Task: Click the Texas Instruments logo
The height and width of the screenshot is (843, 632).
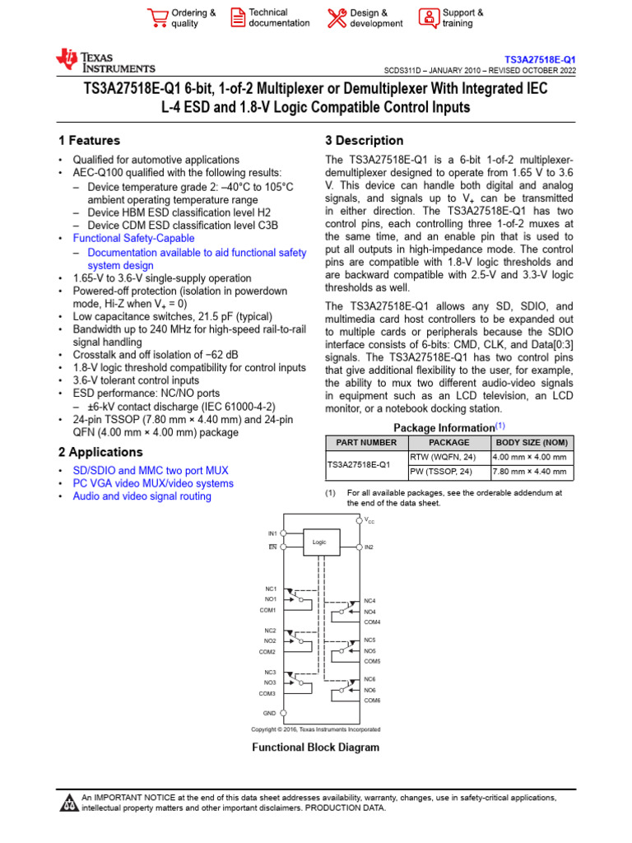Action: click(x=105, y=61)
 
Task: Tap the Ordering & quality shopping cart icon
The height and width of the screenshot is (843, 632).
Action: click(x=156, y=18)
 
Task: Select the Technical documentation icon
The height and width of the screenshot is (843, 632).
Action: click(x=237, y=18)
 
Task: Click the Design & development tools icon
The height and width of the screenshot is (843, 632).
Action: click(x=337, y=18)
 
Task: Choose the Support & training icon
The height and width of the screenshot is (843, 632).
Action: click(x=429, y=18)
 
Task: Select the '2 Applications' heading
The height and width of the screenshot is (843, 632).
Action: click(x=100, y=452)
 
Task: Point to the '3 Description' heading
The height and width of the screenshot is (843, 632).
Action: click(x=365, y=141)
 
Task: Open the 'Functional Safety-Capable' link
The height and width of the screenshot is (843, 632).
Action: click(x=133, y=238)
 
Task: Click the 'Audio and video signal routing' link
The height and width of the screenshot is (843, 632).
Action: click(x=142, y=496)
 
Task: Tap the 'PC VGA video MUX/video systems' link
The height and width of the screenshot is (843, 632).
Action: click(x=153, y=483)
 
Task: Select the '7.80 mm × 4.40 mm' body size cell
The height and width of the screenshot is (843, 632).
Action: click(x=529, y=472)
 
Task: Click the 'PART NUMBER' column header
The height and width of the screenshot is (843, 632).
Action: click(x=366, y=442)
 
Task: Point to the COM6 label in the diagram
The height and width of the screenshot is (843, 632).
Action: click(x=372, y=700)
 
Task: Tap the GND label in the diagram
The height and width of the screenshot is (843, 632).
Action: click(x=269, y=713)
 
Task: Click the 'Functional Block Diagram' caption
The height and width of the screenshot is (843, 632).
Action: click(x=315, y=748)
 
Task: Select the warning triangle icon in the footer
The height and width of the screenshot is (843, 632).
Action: click(x=69, y=803)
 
